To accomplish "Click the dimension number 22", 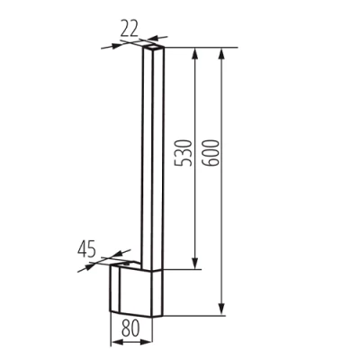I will click(130, 29).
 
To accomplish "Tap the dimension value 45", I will click(86, 247).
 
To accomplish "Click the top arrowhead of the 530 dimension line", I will click(194, 51).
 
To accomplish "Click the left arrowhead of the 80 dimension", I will click(112, 342).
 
